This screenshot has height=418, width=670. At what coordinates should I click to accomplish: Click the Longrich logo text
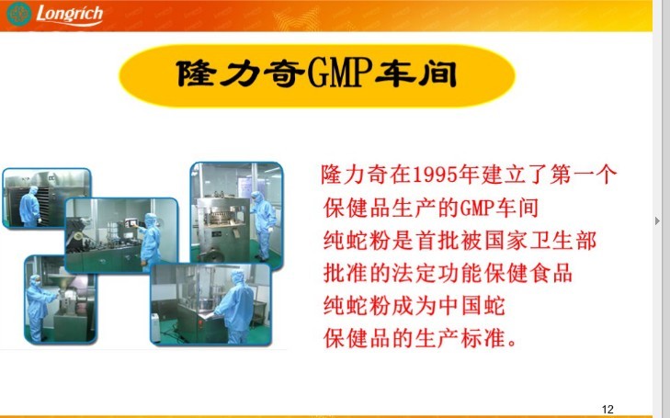click(70, 15)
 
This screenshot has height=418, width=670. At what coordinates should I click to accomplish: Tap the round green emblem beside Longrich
click(18, 14)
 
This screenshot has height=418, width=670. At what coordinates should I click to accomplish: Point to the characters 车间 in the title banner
click(416, 73)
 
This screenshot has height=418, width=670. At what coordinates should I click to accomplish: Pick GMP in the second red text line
click(476, 208)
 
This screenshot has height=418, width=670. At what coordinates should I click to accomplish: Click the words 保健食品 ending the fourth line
click(529, 273)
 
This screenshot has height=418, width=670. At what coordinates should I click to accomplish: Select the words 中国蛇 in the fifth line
click(471, 306)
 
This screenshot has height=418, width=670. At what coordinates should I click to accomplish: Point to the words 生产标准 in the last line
click(460, 338)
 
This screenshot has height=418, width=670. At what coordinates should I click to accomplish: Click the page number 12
click(608, 409)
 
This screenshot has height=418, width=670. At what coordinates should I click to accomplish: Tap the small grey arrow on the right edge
click(657, 220)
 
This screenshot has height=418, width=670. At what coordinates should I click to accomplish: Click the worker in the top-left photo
click(30, 207)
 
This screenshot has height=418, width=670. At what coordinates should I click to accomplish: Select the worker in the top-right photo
click(262, 225)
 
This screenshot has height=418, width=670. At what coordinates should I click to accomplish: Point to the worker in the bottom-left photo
click(40, 308)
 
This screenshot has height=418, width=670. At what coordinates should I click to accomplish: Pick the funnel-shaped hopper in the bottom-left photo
click(65, 282)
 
